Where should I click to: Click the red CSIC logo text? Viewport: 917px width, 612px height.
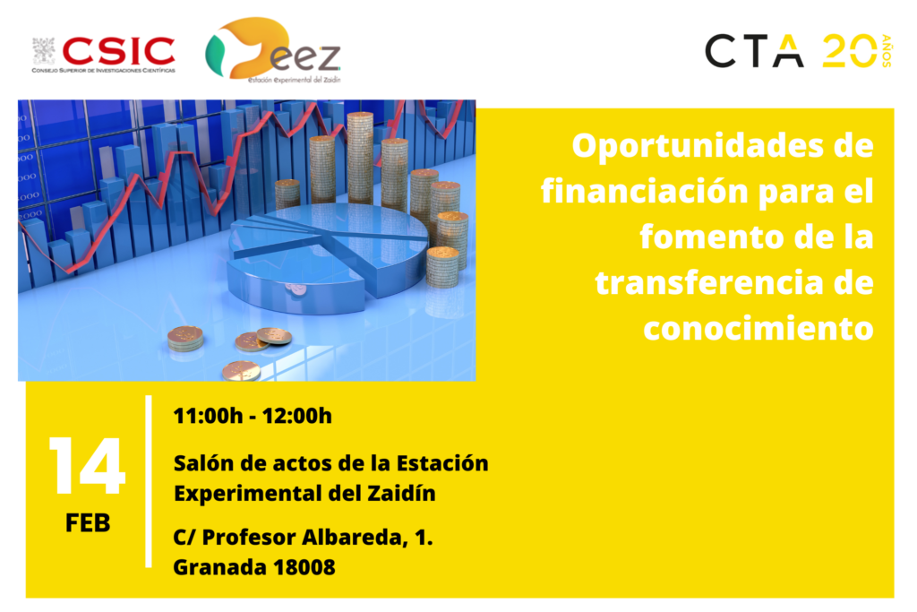coord(118,51)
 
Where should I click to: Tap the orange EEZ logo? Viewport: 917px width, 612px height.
coord(272,50)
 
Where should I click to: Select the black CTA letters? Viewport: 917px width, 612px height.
coord(754,51)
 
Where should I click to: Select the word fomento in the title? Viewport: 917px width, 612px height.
coord(712,237)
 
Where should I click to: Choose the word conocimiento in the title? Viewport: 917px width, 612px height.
coord(758,329)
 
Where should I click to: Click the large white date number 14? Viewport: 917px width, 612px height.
coord(87,466)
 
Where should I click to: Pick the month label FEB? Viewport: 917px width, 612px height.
coord(88,523)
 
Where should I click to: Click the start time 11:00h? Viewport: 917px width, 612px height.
coord(208,416)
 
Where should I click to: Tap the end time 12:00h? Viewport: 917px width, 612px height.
coord(297,416)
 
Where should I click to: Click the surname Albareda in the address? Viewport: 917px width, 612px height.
coord(353,537)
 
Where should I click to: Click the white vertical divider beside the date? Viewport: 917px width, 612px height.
coord(149,481)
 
